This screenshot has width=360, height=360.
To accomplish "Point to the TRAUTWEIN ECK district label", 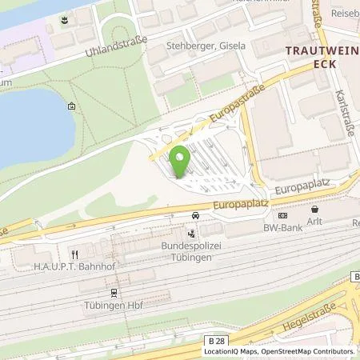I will (x=319, y=58).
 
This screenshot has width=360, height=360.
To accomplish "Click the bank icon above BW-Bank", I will (x=282, y=215).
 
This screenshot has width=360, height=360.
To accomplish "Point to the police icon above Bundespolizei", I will (x=190, y=234).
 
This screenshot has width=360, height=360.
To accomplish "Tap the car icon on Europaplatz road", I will (x=196, y=215).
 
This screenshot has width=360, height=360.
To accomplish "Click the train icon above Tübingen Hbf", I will (x=114, y=294).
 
